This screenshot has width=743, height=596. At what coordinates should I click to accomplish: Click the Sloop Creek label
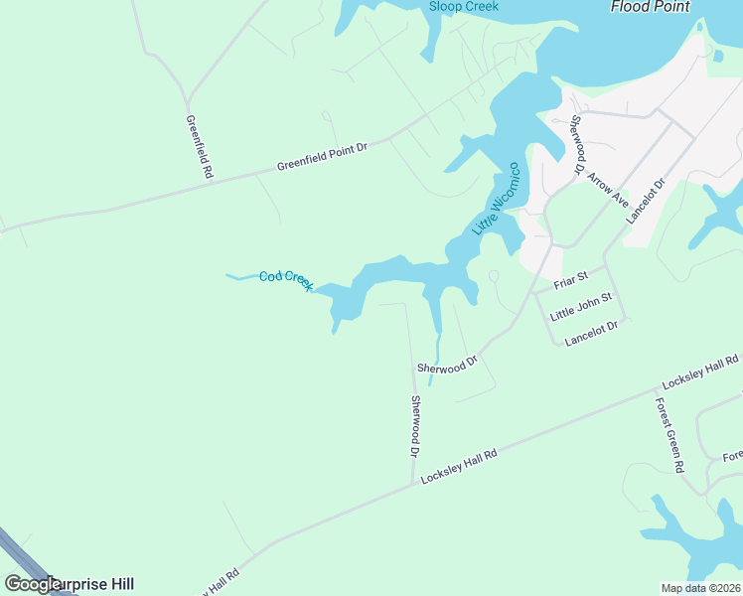(463, 6)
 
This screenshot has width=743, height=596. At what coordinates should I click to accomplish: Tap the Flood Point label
(651, 6)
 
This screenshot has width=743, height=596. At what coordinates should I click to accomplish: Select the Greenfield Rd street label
(200, 146)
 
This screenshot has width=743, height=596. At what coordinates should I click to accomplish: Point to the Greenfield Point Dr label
(322, 157)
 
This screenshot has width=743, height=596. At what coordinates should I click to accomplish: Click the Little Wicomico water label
(497, 198)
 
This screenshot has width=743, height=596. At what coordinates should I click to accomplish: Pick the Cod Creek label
(286, 280)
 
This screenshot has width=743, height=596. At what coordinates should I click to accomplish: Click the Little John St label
(582, 306)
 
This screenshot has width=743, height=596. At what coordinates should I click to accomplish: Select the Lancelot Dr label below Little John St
(591, 333)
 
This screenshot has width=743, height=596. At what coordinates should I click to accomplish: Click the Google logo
(33, 584)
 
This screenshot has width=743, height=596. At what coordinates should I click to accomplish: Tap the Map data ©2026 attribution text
(700, 588)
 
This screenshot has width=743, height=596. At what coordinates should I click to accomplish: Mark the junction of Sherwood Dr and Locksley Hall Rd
(412, 484)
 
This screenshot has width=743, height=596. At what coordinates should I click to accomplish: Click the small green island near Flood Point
(718, 56)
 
